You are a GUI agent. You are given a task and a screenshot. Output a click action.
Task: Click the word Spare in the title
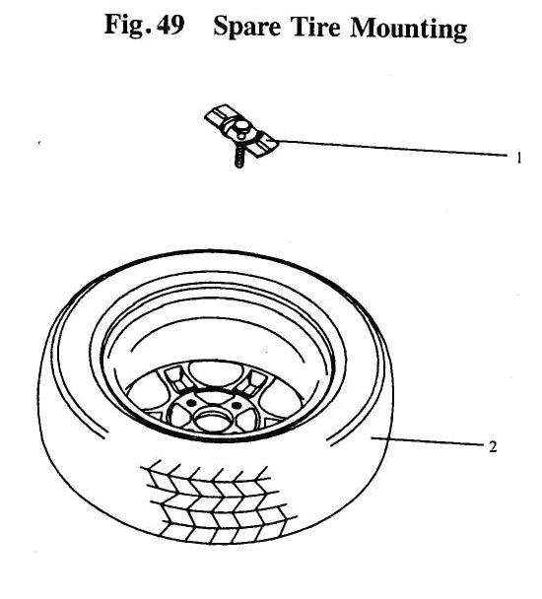tap(247, 28)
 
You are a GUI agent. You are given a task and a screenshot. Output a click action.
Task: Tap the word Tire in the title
tap(315, 26)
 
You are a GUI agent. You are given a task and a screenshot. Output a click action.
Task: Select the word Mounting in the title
tap(409, 29)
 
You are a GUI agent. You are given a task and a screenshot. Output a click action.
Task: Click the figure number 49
tap(170, 25)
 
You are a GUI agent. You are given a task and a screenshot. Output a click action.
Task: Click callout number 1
tap(518, 158)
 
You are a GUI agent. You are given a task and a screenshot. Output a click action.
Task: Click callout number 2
tap(493, 446)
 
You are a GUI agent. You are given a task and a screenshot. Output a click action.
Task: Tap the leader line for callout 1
tap(393, 148)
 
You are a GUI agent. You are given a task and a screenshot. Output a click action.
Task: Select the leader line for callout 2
tap(427, 441)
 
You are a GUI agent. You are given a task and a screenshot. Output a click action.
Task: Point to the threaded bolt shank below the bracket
tap(239, 158)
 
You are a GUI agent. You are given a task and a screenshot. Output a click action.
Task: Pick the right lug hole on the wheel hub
tap(236, 405)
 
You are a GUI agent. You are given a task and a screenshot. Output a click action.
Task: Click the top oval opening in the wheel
tap(217, 373)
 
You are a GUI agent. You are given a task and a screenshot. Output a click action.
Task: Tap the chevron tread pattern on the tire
tap(219, 503)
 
